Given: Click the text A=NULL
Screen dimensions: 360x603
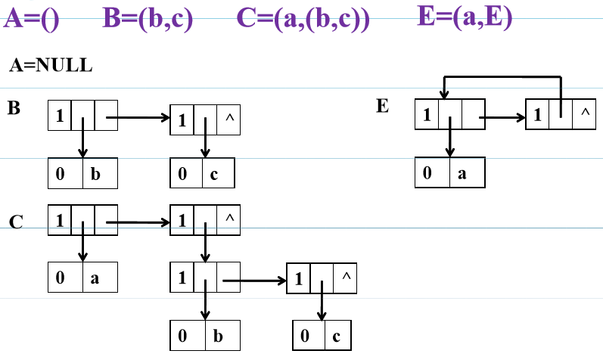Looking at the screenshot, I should [51, 66].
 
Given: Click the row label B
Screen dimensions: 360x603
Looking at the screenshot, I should [14, 108].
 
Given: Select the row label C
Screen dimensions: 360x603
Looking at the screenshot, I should [16, 222].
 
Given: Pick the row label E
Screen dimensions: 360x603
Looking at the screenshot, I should [382, 106].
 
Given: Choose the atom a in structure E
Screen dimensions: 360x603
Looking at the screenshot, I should [462, 173].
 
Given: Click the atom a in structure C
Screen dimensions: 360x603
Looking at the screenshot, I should [95, 278].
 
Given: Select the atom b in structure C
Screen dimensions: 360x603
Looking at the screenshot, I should [218, 334].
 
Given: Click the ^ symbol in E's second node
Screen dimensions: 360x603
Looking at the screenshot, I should [583, 114].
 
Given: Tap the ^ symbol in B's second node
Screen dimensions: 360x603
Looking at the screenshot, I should [229, 117].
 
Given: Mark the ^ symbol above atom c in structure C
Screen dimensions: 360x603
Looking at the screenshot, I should [346, 278].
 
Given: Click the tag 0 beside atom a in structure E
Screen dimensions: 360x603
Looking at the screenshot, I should [428, 173].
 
